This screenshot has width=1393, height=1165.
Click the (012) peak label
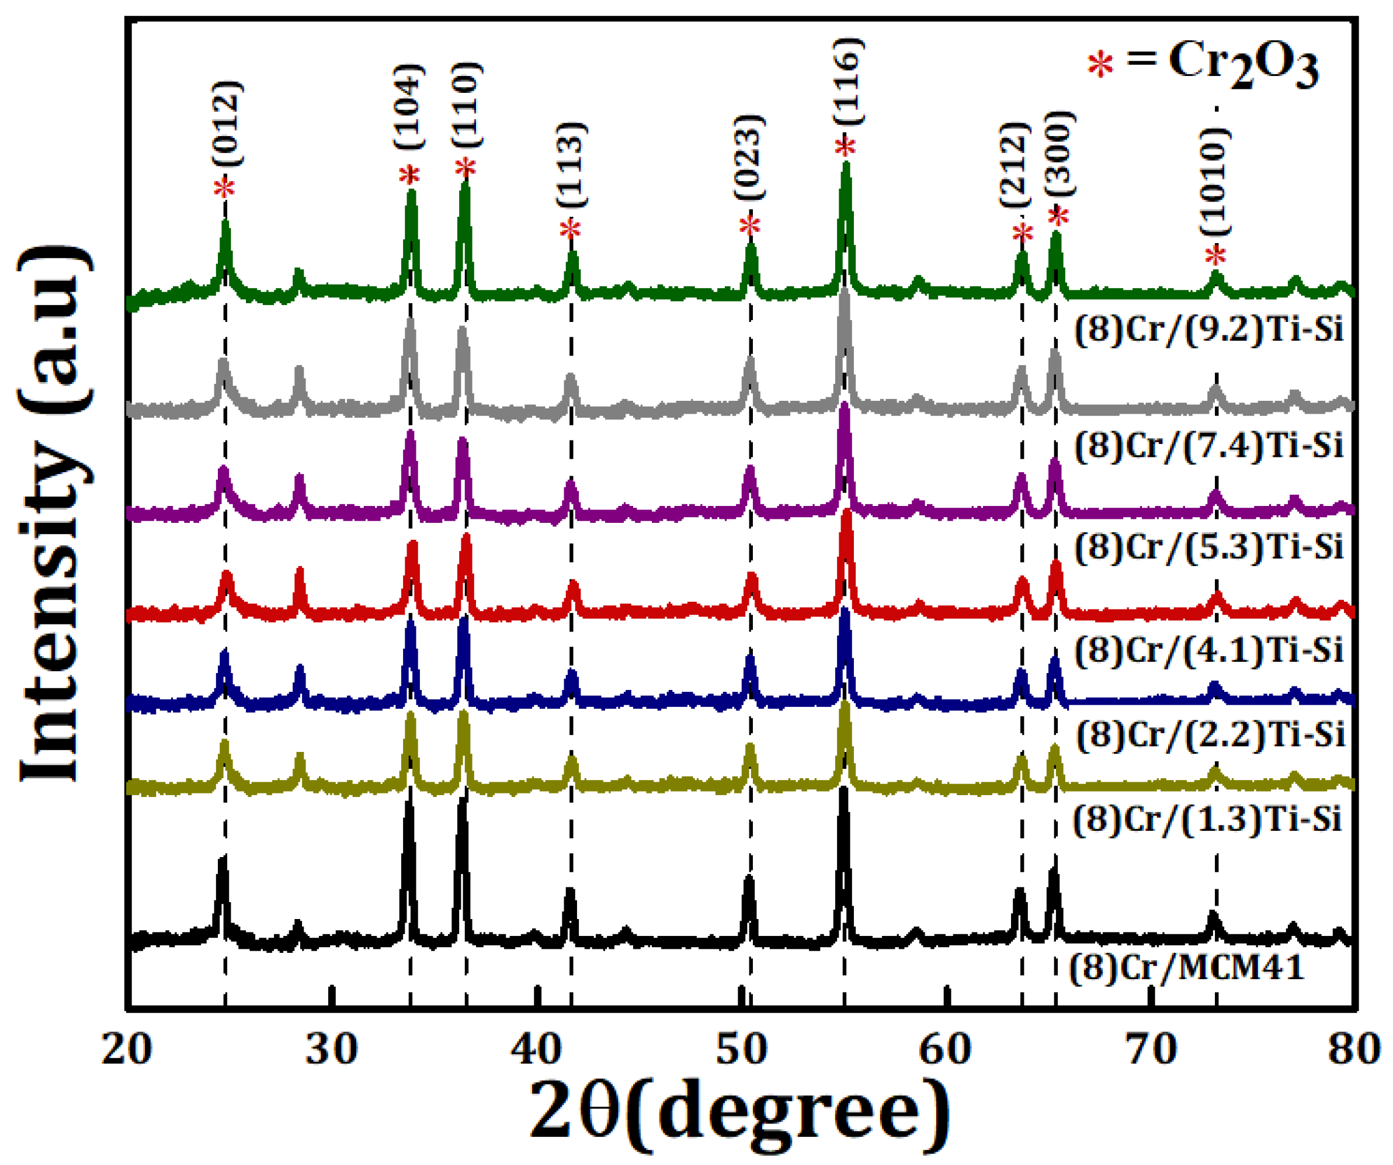[x=228, y=123]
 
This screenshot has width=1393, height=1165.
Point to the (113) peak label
[x=571, y=165]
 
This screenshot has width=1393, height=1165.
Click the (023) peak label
[x=750, y=157]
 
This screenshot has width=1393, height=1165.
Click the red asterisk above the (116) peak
[x=845, y=147]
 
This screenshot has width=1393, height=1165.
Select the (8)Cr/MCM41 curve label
[x=1187, y=968]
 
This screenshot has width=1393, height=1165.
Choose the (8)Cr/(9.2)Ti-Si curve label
[x=1209, y=328]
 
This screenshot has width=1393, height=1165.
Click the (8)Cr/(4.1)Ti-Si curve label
[x=1209, y=650]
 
